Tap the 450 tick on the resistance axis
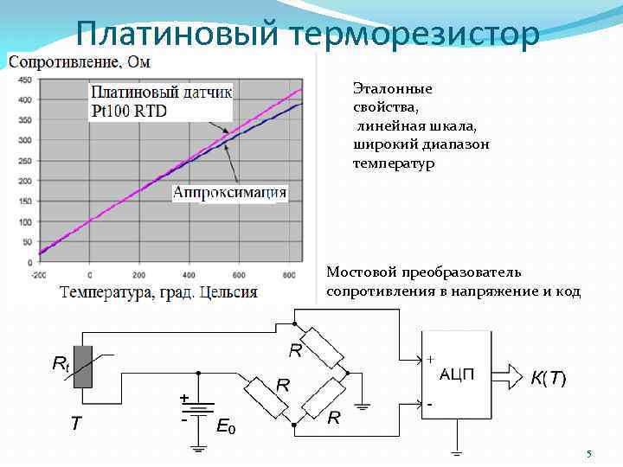tap(24, 80)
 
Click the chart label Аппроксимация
tap(230, 193)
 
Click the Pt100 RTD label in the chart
tap(130, 111)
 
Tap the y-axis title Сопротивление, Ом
tap(79, 61)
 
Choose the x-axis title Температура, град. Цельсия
tap(158, 291)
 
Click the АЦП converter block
tap(455, 375)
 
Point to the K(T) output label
tap(548, 378)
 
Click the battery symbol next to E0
tap(198, 409)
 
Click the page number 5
tap(588, 455)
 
